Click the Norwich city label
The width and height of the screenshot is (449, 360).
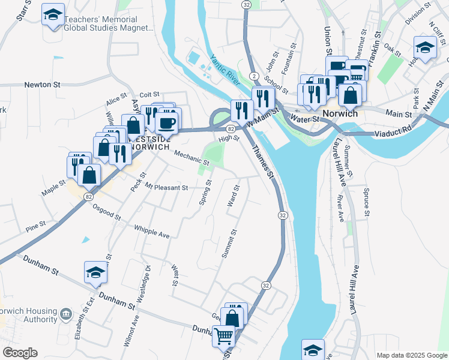pos(340,113)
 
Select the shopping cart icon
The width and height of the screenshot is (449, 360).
pos(223,337)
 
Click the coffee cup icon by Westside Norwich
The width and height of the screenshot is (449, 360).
pos(166,123)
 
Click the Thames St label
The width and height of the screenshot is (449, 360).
pos(262,163)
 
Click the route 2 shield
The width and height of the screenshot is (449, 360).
pos(255,76)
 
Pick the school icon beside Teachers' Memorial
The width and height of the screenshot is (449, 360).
pos(53,14)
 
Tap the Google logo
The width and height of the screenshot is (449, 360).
pos(20,353)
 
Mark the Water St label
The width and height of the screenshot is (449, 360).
pos(304,119)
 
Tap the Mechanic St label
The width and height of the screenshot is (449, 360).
pos(191,158)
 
